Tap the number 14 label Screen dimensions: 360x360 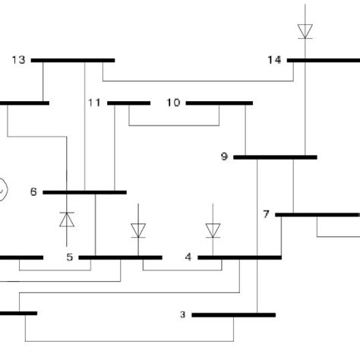tap(275, 59)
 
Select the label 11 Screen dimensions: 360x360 tap(94, 103)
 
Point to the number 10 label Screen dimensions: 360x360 tap(173, 103)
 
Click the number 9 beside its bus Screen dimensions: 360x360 tap(224, 157)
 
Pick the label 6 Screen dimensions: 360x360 tap(33, 192)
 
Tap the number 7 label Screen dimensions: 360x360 tap(266, 215)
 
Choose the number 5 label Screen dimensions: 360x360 tap(69, 257)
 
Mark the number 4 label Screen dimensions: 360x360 tap(188, 257)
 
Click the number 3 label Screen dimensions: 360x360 tap(182, 314)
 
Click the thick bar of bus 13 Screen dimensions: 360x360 tap(74, 59)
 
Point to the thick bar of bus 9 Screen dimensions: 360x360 tap(275, 157)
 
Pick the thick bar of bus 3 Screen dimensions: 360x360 tap(233, 314)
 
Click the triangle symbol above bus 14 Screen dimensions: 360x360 tap(305, 30)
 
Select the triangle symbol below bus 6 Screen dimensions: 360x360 tap(67, 220)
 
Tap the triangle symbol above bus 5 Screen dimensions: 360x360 tap(138, 229)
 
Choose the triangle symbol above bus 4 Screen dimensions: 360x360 tap(213, 229)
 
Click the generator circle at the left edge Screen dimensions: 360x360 tap(3, 188)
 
